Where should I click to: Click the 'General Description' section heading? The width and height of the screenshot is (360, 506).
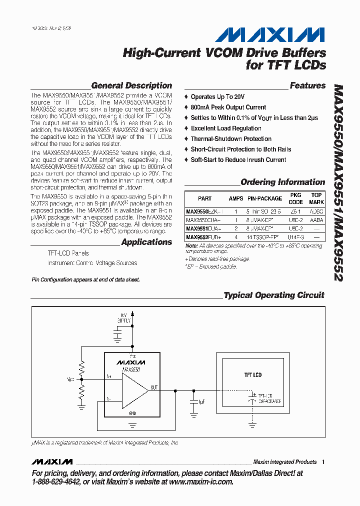pyautogui.click(x=131, y=85)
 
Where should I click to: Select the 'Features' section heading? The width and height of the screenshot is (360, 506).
pyautogui.click(x=307, y=85)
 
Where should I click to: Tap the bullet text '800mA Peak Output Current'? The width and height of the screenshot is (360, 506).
pyautogui.click(x=228, y=107)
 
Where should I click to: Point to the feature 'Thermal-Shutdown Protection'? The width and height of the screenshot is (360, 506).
pyautogui.click(x=231, y=139)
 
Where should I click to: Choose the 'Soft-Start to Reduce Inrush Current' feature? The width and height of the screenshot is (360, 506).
pyautogui.click(x=238, y=160)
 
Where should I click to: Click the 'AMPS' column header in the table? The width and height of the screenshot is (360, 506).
pyautogui.click(x=236, y=198)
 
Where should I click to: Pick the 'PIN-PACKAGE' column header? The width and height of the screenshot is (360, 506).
pyautogui.click(x=264, y=198)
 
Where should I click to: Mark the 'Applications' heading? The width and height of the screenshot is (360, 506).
pyautogui.click(x=146, y=242)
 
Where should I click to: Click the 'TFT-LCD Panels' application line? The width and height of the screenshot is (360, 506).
pyautogui.click(x=68, y=253)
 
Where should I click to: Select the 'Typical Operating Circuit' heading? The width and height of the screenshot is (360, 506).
pyautogui.click(x=274, y=295)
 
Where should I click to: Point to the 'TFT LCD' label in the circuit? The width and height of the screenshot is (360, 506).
pyautogui.click(x=252, y=374)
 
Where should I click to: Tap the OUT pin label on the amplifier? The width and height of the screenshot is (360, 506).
pyautogui.click(x=154, y=386)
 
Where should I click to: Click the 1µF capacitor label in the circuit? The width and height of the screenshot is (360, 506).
pyautogui.click(x=201, y=401)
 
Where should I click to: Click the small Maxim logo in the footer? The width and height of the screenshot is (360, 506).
pyautogui.click(x=51, y=461)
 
